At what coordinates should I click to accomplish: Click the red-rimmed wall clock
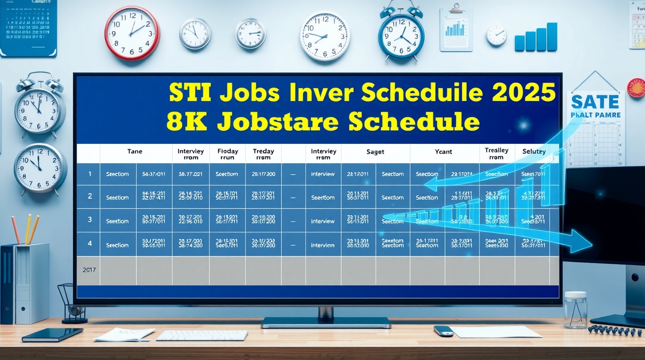pyautogui.click(x=132, y=33)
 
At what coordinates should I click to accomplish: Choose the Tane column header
pyautogui.click(x=135, y=151)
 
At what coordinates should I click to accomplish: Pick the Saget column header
pyautogui.click(x=375, y=151)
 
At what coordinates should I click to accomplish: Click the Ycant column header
pyautogui.click(x=443, y=151)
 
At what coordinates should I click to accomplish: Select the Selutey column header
pyautogui.click(x=533, y=151)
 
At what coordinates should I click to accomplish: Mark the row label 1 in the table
pyautogui.click(x=90, y=174)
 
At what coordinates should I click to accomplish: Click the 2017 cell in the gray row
pyautogui.click(x=89, y=270)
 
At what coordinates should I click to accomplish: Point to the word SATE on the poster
pyautogui.click(x=595, y=101)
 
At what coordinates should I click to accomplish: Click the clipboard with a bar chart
pyautogui.click(x=456, y=29)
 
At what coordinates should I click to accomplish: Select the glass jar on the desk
pyautogui.click(x=575, y=310)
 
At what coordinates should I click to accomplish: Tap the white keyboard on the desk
pyautogui.click(x=202, y=335)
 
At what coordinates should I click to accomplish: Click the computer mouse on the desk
pyautogui.click(x=443, y=330)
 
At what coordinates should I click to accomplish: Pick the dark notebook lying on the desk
pyautogui.click(x=52, y=334)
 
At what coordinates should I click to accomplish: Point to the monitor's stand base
pyautogui.click(x=326, y=322)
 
